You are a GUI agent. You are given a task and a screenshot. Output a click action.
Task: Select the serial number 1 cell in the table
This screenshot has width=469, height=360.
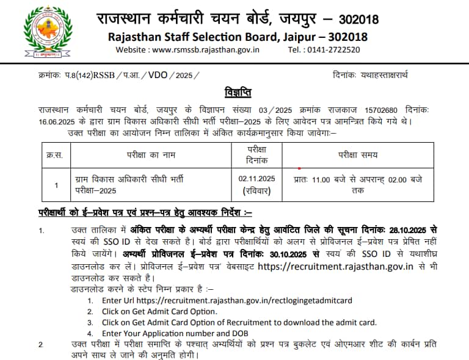(56, 185)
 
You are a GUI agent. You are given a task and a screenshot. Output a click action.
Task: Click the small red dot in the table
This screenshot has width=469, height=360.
(299, 168)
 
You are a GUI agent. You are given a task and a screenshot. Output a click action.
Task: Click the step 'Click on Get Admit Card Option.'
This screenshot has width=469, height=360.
(159, 311)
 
